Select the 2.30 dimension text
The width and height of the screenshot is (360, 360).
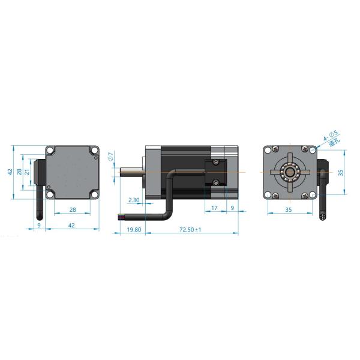point(134,200)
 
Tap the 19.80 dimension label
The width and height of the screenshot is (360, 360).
point(134,229)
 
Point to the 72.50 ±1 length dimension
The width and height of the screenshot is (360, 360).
point(190,229)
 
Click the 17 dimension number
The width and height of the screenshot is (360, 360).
point(215,208)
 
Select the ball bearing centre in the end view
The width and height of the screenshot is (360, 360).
point(289,172)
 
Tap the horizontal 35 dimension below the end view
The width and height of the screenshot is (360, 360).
point(289,210)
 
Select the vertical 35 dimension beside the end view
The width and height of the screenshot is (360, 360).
point(340,172)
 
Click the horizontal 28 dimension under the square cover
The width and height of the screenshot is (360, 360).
point(73,210)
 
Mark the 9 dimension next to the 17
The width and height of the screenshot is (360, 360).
point(233,208)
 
